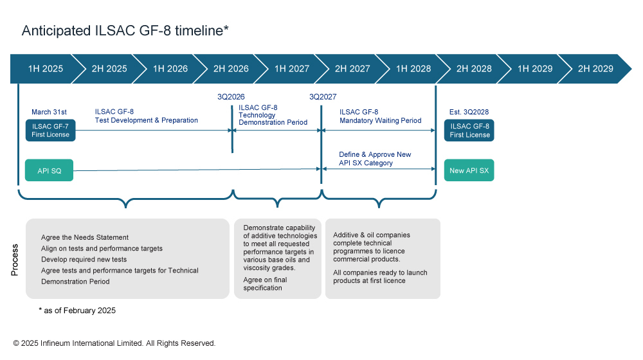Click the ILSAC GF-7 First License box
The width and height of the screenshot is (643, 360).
(50, 130)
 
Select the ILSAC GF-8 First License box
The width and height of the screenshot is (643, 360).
(469, 130)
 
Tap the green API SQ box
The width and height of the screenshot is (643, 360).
(49, 170)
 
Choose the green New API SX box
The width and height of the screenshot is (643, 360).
(469, 170)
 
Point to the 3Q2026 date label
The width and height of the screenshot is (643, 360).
(231, 97)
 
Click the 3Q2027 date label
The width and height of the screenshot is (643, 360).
(323, 97)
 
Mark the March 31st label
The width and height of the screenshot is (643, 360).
(49, 112)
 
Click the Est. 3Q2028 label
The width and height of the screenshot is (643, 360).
(469, 112)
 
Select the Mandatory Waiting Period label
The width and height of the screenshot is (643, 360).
(380, 116)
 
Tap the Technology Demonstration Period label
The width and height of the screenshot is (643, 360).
(273, 115)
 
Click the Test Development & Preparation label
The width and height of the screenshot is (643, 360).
(146, 116)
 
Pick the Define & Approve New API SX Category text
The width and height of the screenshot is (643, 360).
(375, 159)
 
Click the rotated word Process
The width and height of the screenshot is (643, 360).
(15, 260)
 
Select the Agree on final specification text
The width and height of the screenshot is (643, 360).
(265, 283)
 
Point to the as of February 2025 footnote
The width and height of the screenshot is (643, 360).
(77, 310)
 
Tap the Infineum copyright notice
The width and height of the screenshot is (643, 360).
(114, 343)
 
